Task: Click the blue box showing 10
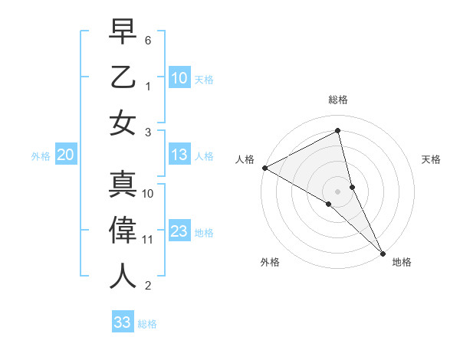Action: [x=179, y=78]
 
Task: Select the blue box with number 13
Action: [x=179, y=155]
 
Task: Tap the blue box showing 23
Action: [x=179, y=232]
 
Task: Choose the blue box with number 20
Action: [x=65, y=155]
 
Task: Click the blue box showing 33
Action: [x=122, y=322]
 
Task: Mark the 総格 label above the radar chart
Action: [x=338, y=100]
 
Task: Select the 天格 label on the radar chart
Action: [x=432, y=159]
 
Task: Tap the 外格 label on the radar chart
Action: [x=270, y=262]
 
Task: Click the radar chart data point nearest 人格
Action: [x=264, y=168]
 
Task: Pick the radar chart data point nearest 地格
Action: [x=383, y=252]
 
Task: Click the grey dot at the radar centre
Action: [x=338, y=191]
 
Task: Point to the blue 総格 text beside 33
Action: [x=147, y=324]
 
